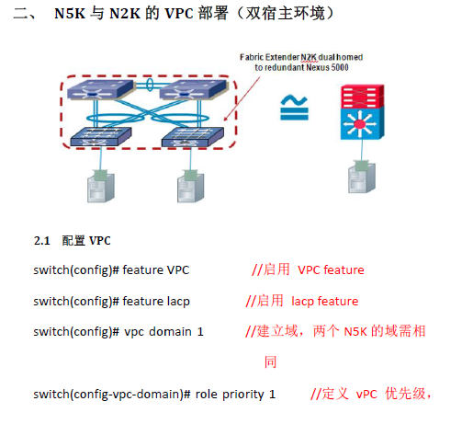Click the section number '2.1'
[x=41, y=241]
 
